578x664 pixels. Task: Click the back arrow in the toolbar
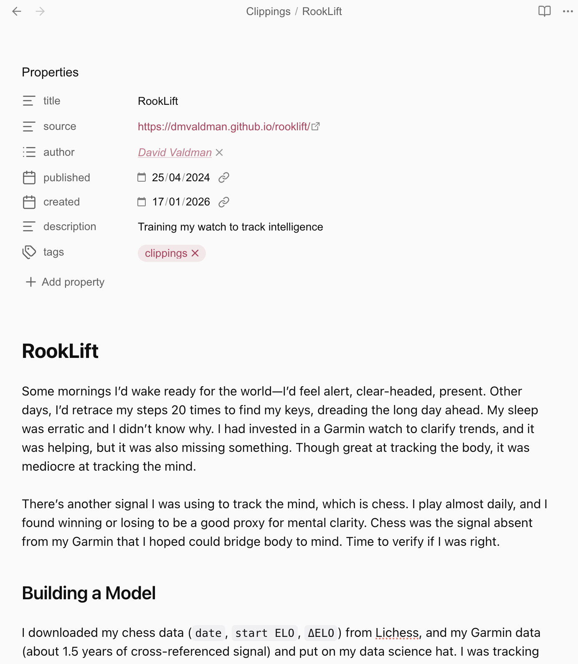pyautogui.click(x=17, y=11)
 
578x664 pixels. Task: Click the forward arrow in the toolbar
pyautogui.click(x=40, y=11)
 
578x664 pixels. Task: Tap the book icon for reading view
pyautogui.click(x=544, y=11)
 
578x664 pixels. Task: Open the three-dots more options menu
pyautogui.click(x=568, y=11)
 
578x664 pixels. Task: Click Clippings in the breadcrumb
pyautogui.click(x=268, y=11)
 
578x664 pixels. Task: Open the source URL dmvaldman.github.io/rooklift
pyautogui.click(x=224, y=127)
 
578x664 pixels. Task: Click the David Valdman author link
pyautogui.click(x=175, y=152)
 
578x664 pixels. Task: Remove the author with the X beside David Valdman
pyautogui.click(x=219, y=152)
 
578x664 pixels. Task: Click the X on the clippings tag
pyautogui.click(x=195, y=253)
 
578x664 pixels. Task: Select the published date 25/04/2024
pyautogui.click(x=181, y=177)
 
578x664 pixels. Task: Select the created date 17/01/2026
pyautogui.click(x=181, y=202)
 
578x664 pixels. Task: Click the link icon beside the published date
pyautogui.click(x=224, y=177)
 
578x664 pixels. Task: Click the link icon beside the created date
pyautogui.click(x=224, y=202)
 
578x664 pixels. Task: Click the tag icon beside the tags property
pyautogui.click(x=29, y=252)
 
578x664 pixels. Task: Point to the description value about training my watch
pyautogui.click(x=230, y=227)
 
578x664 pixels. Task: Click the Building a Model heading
pyautogui.click(x=89, y=593)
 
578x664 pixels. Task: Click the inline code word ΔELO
pyautogui.click(x=321, y=633)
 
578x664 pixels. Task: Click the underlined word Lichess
pyautogui.click(x=397, y=633)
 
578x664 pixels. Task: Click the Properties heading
pyautogui.click(x=50, y=72)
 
